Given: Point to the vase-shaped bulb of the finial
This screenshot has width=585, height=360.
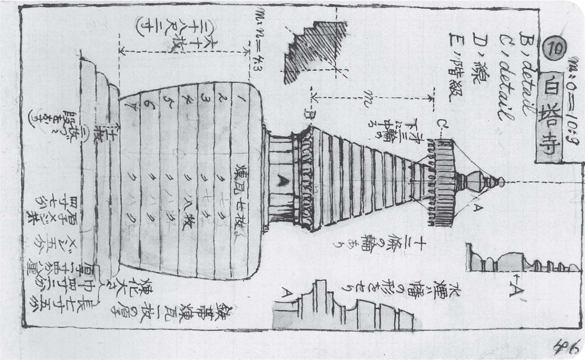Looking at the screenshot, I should point(476,181).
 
